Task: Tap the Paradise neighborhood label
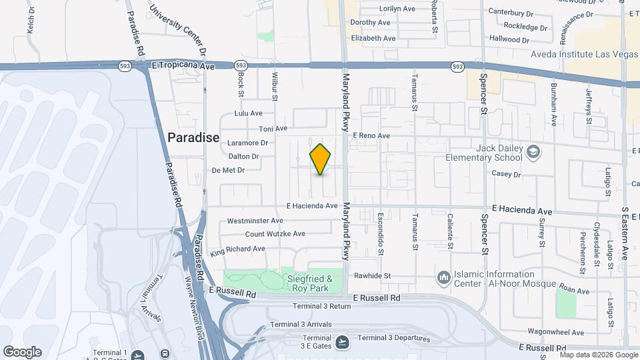[x=193, y=138]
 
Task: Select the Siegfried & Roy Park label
[x=312, y=283]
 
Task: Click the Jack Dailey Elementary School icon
[x=533, y=152]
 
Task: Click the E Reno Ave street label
[x=371, y=135]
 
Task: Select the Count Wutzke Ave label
[x=275, y=234]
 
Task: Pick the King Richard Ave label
[x=237, y=251]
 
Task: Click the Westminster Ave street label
[x=256, y=221]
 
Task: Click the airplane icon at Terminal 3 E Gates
[x=343, y=342]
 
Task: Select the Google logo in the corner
[x=22, y=352]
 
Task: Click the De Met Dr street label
[x=228, y=170]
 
